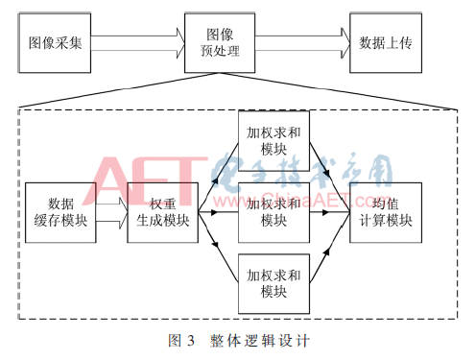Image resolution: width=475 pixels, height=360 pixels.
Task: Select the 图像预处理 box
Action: click(x=220, y=42)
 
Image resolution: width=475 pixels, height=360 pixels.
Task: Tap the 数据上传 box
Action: click(x=384, y=42)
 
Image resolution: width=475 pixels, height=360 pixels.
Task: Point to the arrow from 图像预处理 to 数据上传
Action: click(x=301, y=42)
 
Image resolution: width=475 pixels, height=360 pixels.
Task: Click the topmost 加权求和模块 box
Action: click(x=273, y=140)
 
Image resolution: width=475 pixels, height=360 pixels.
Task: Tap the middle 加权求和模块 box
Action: click(x=273, y=211)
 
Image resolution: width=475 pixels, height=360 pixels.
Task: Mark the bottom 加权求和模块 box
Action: click(x=273, y=281)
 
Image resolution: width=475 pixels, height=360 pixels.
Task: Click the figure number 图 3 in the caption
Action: click(x=182, y=340)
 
